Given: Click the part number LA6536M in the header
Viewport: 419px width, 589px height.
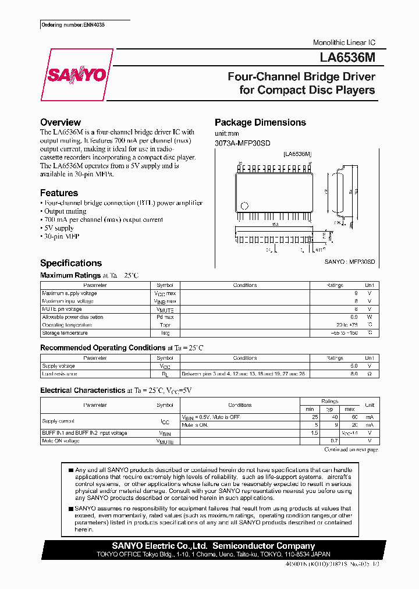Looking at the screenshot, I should (347, 58).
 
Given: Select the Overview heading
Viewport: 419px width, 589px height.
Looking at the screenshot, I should (60, 122).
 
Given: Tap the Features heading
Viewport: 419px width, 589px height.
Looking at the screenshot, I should (59, 193).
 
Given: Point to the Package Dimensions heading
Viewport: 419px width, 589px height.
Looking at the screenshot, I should (260, 122).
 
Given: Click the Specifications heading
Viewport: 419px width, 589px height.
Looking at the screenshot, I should (70, 263).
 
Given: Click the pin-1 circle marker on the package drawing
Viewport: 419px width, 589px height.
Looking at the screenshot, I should (244, 205).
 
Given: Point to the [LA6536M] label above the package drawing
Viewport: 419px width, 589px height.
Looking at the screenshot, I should (297, 154).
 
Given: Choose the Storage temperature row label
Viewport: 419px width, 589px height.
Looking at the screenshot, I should (65, 333).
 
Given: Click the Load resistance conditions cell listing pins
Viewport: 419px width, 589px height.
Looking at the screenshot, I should (243, 374).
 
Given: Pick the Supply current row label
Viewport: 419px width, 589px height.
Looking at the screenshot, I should (58, 421).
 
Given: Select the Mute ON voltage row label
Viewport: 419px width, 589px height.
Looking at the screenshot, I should (61, 441).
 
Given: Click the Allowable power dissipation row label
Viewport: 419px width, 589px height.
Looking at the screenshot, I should (72, 317).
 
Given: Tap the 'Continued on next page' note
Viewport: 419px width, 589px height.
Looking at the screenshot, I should (351, 449).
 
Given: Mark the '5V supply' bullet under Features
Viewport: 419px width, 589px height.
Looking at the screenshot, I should (58, 228).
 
